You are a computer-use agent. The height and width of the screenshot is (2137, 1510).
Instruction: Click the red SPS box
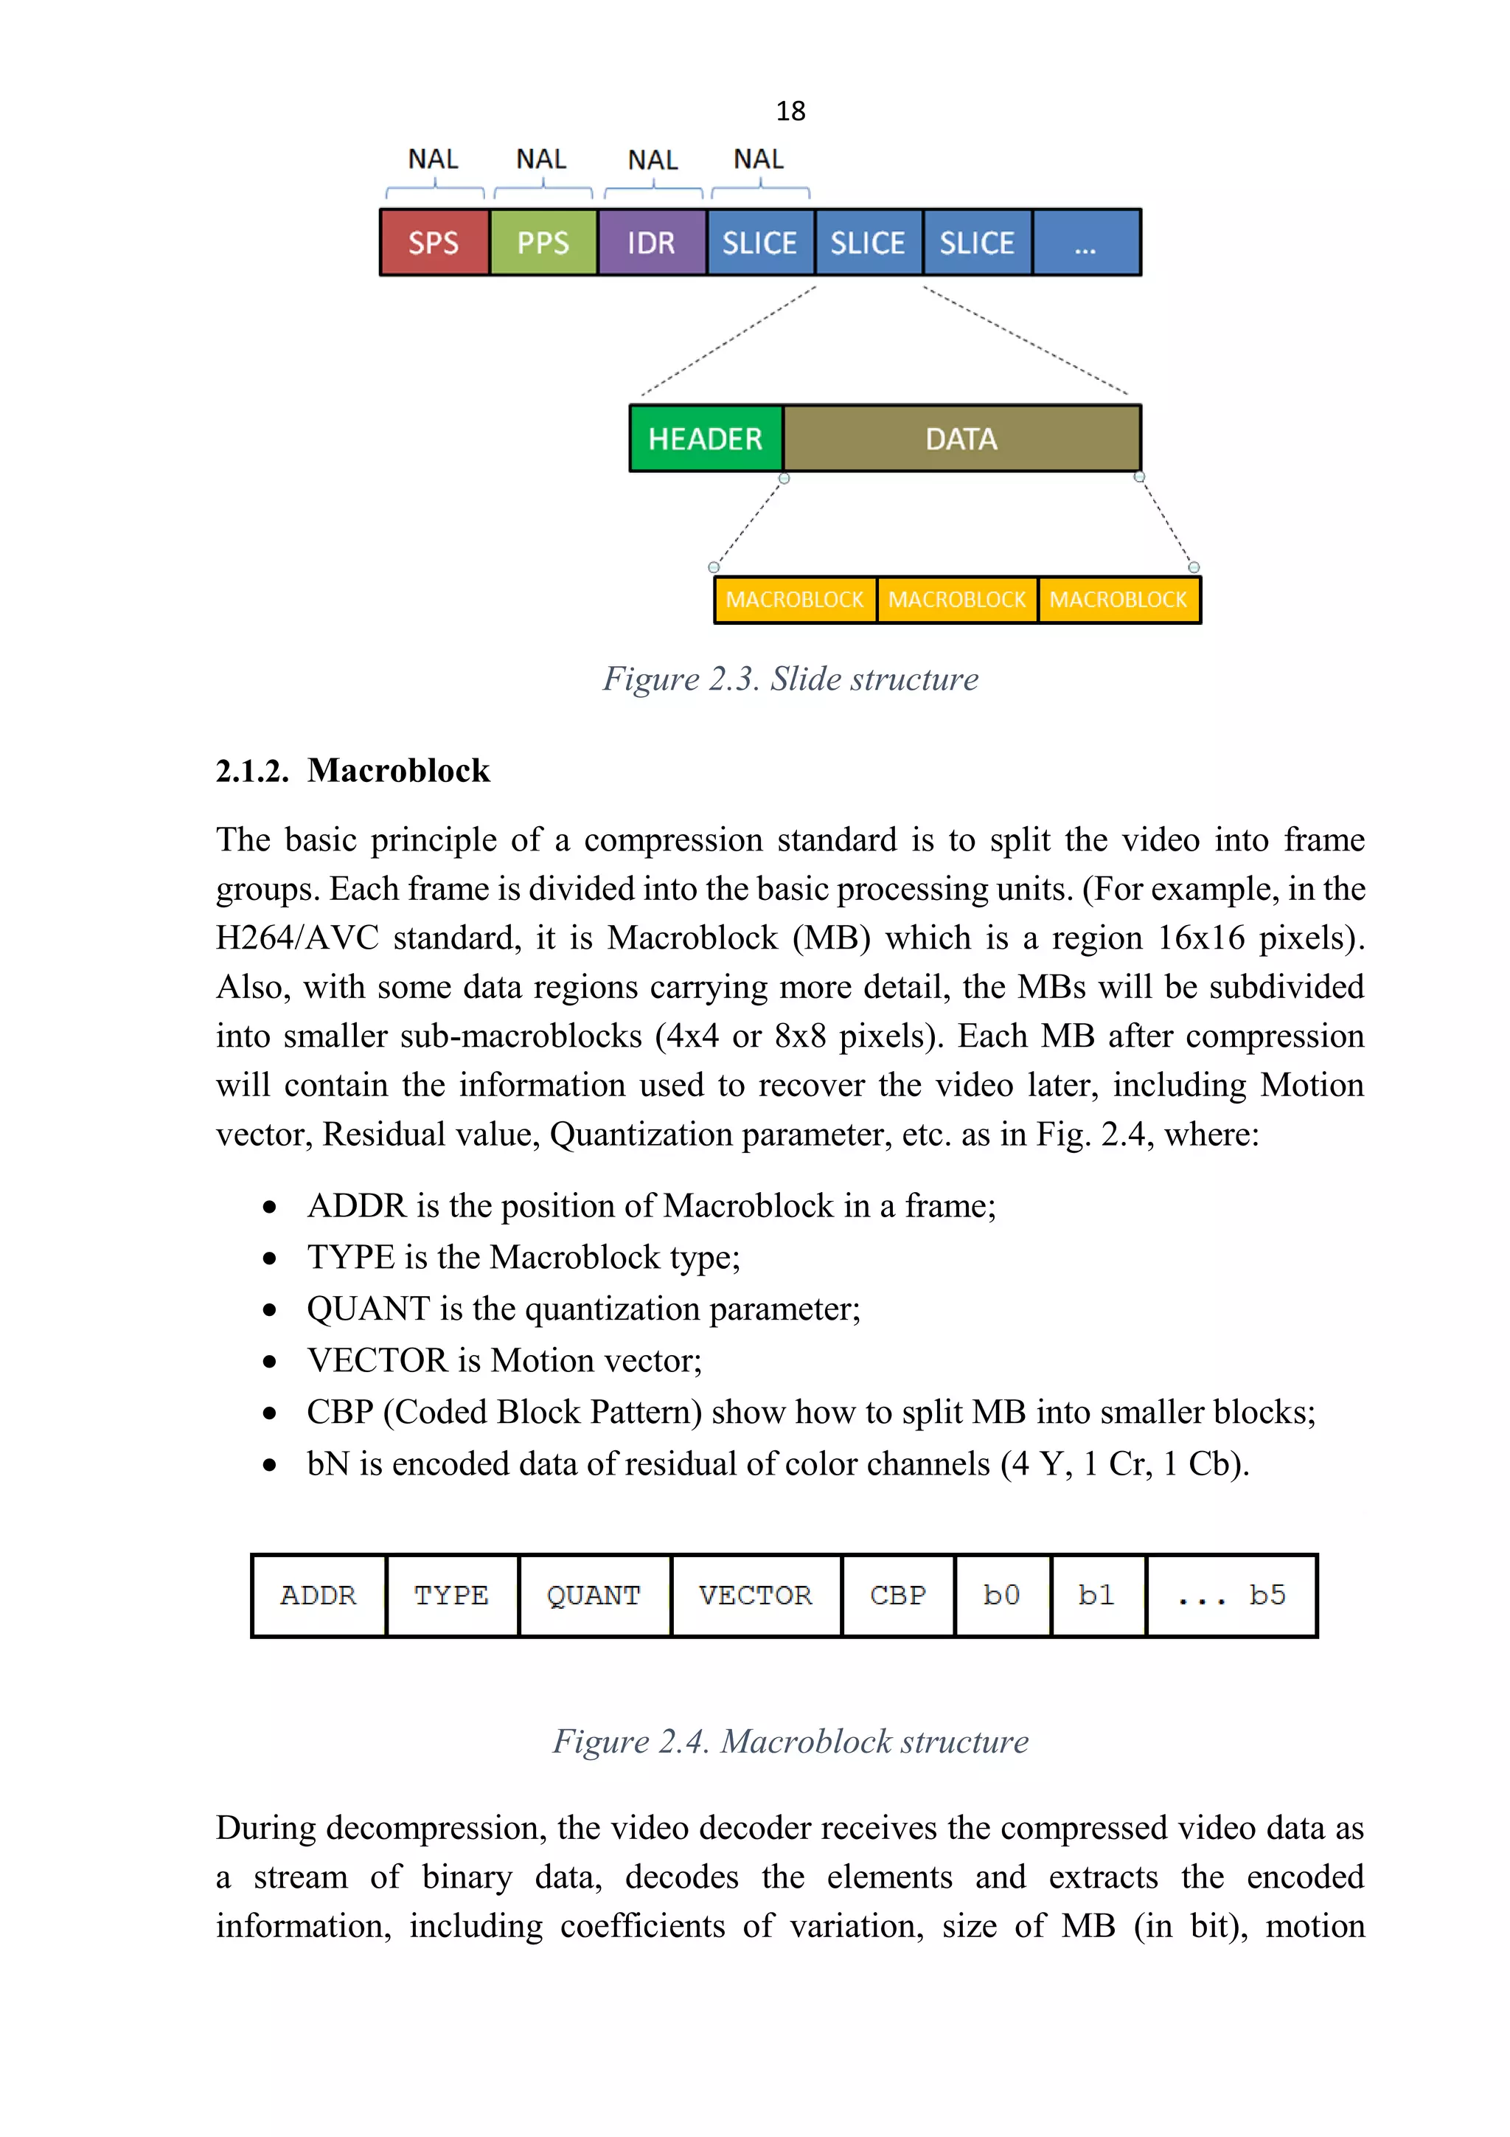pyautogui.click(x=434, y=243)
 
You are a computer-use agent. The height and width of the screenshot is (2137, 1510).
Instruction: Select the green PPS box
pyautogui.click(x=543, y=243)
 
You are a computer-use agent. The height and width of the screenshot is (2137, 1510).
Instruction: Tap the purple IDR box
pyautogui.click(x=651, y=243)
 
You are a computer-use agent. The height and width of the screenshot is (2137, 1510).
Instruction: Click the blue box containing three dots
pyautogui.click(x=1086, y=243)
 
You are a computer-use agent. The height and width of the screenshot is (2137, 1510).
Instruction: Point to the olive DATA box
pyautogui.click(x=961, y=438)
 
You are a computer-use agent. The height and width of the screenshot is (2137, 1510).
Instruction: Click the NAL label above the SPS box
pyautogui.click(x=434, y=159)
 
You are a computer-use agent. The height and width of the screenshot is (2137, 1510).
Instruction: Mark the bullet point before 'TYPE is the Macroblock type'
pyautogui.click(x=270, y=1258)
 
